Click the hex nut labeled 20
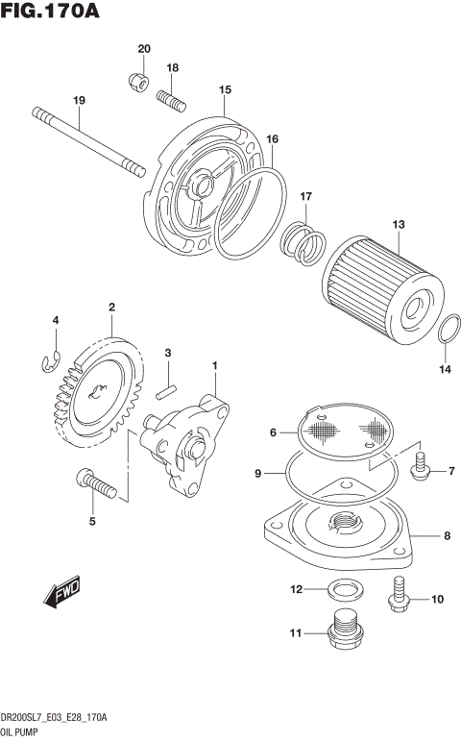(x=137, y=83)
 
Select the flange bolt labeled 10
(x=399, y=594)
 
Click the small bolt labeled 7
(x=419, y=469)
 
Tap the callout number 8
(x=447, y=535)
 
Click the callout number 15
(x=225, y=89)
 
